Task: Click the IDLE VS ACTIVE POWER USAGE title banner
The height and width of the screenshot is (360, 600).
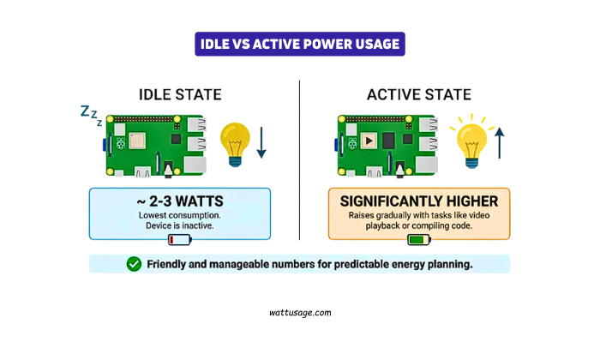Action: click(299, 44)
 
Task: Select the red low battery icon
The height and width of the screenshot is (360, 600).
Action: click(180, 240)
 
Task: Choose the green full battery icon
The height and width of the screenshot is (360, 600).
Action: click(420, 240)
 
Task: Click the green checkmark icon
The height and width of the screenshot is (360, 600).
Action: click(134, 264)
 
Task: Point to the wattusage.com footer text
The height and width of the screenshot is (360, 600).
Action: click(299, 314)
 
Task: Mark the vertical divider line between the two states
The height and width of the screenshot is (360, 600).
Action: click(299, 163)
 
